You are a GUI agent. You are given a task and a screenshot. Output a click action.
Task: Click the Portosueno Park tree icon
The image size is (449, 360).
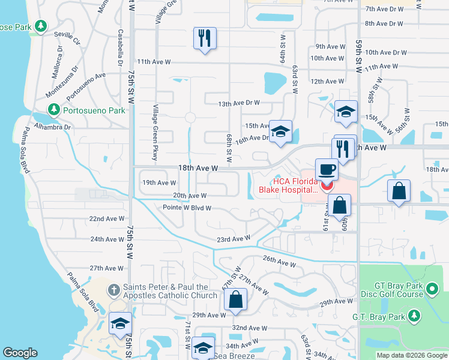(x=54, y=110)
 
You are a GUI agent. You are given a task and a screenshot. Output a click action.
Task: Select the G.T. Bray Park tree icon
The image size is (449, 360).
(x=413, y=315)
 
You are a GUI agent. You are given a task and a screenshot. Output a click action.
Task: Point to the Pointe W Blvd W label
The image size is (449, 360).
(x=187, y=208)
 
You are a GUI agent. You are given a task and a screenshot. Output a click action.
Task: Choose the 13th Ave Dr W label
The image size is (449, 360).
(x=239, y=103)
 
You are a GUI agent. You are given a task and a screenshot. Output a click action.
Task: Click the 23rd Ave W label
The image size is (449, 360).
(x=233, y=239)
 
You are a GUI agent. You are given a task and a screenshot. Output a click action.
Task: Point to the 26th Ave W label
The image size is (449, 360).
(x=279, y=263)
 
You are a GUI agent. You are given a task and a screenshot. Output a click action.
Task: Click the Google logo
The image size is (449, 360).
(x=20, y=353)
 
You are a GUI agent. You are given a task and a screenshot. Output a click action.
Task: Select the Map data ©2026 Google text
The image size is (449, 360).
(x=412, y=355)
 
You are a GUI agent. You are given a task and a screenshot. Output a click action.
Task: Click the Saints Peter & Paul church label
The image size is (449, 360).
(x=170, y=291)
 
